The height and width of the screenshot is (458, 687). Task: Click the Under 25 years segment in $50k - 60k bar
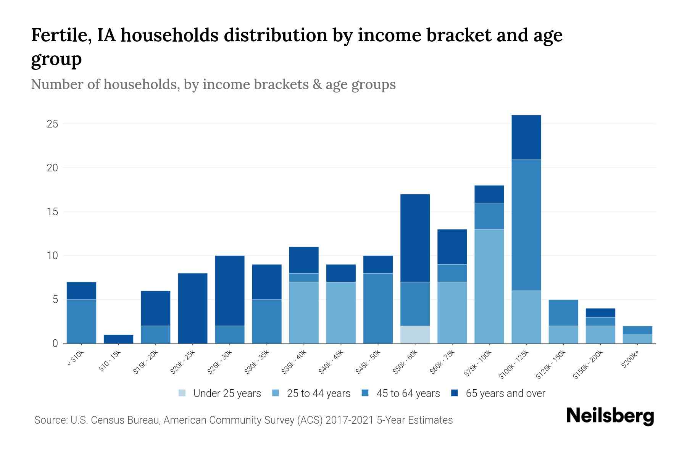[415, 334]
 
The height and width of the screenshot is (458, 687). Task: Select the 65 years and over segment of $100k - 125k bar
[526, 137]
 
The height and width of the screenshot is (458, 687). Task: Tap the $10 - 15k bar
[118, 339]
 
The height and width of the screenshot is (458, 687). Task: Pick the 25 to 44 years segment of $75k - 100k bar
[489, 286]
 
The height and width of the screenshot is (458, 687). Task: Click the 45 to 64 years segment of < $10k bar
[81, 321]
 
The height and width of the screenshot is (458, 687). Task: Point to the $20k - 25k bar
[193, 308]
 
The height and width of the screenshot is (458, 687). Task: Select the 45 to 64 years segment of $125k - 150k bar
[563, 313]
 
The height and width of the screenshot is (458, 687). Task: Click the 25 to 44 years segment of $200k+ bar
[637, 339]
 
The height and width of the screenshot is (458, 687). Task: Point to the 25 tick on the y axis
[53, 124]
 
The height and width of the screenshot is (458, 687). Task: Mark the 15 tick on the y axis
[53, 212]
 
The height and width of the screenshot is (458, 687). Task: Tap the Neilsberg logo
[610, 416]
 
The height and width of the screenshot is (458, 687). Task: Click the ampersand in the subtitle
[316, 84]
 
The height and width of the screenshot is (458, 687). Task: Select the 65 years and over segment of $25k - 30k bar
[230, 290]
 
